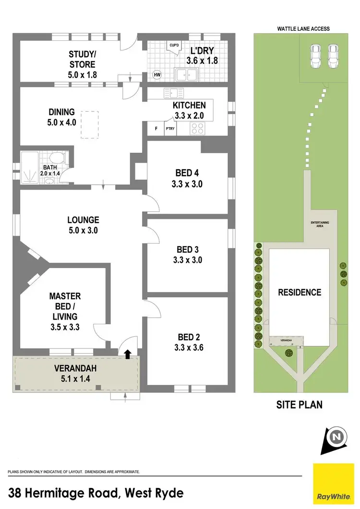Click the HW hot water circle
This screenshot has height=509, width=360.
pos(156,74)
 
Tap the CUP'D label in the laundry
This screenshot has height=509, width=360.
pos(174,46)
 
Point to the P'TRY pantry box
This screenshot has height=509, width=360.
pos(170,129)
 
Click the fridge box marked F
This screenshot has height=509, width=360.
pos(156,129)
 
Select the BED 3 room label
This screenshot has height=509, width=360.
pos(186,249)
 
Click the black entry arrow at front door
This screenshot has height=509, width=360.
pos(128,355)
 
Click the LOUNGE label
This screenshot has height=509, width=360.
pos(83,220)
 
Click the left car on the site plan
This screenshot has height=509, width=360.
pos(316,56)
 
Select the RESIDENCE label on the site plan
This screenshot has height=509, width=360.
pos(299,292)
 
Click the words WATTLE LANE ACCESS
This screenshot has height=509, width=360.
pos(303,29)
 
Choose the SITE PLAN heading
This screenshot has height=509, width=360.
pos(299,405)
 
